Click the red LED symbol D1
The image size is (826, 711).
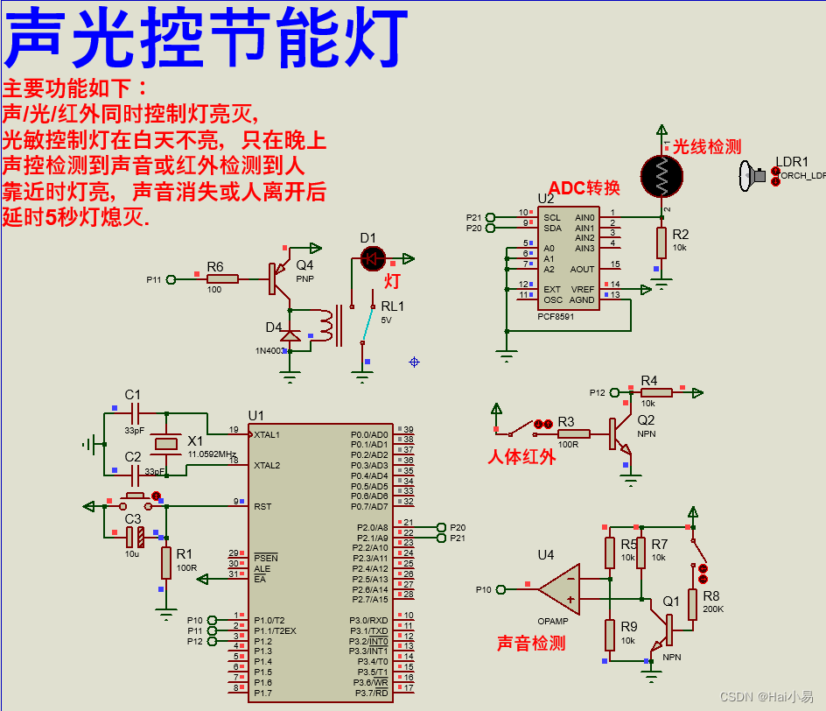tap(373, 257)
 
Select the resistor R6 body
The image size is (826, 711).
tap(222, 279)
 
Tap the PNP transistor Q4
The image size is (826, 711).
tap(279, 278)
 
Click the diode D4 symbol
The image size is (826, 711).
tap(290, 334)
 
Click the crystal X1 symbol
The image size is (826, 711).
tap(165, 444)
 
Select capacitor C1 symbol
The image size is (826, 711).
tap(134, 411)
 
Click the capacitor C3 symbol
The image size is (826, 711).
tap(134, 533)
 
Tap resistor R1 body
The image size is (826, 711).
tap(165, 562)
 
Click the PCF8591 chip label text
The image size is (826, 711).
tap(556, 316)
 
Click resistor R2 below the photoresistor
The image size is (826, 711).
tap(662, 243)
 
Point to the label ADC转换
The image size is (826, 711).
tap(584, 188)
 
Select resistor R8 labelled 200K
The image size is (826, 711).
tap(692, 604)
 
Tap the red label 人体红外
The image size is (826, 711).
tap(521, 456)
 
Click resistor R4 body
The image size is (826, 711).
tap(655, 392)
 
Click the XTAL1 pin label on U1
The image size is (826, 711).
tap(268, 434)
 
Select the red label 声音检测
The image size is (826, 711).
tap(531, 644)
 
